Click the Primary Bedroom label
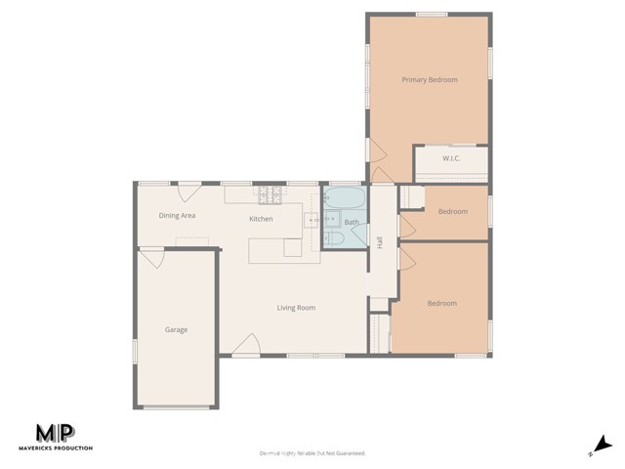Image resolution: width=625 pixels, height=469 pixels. coord(430,79)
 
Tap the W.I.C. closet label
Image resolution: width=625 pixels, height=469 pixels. coord(451,158)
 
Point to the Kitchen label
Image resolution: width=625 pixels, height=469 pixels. coord(261,219)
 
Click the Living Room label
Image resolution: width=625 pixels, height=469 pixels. coord(295,308)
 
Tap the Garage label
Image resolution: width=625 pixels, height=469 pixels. coord(176,329)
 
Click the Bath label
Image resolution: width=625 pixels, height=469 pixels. coord(352,223)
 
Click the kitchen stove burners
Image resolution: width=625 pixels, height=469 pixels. coord(270,194)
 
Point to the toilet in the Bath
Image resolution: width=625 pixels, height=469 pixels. coord(333,238)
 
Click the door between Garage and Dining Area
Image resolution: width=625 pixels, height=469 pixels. coord(151,258)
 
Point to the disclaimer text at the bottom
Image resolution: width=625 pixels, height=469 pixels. coord(312,453)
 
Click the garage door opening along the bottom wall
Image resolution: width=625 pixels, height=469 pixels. coord(176,406)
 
